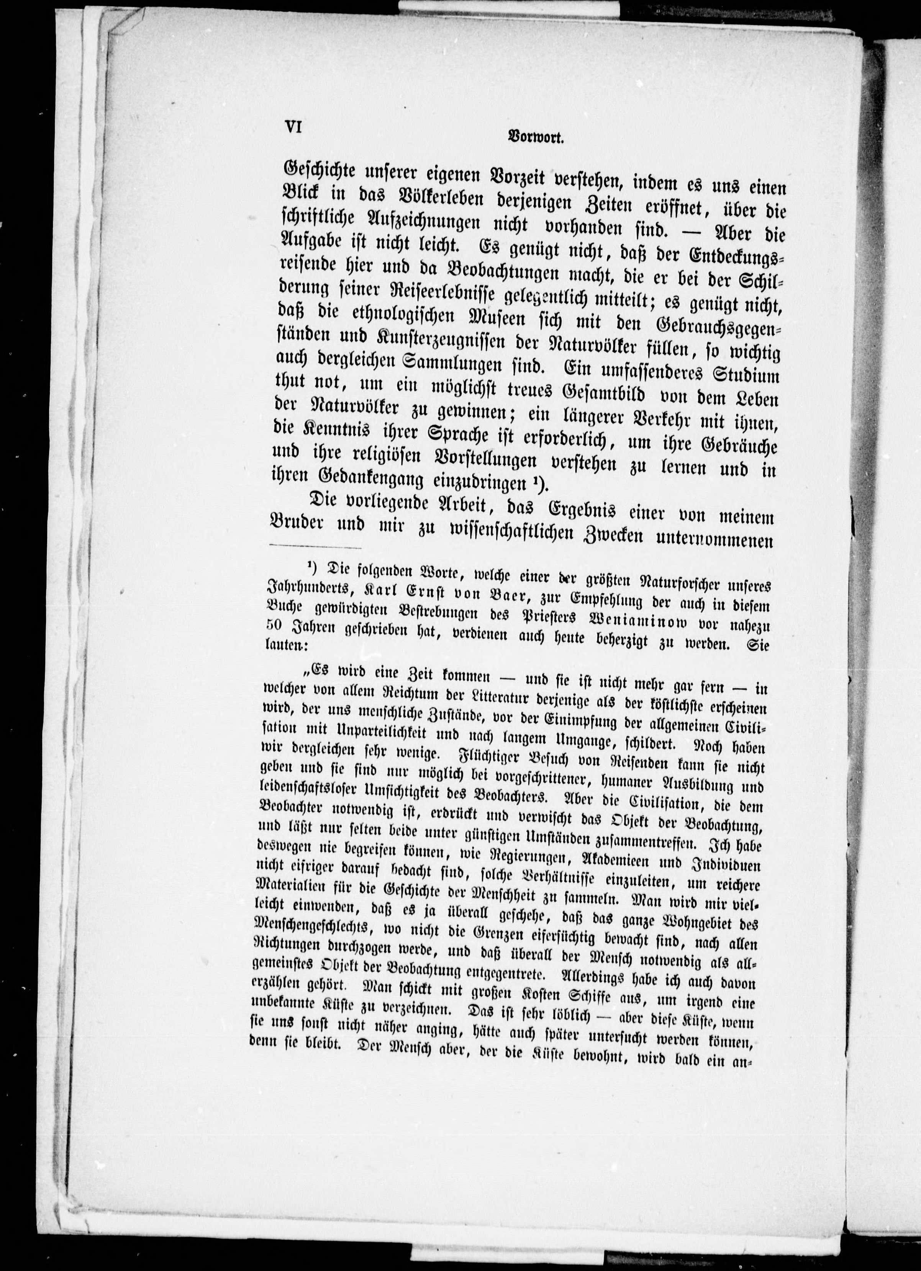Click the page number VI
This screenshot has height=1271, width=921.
tap(294, 127)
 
